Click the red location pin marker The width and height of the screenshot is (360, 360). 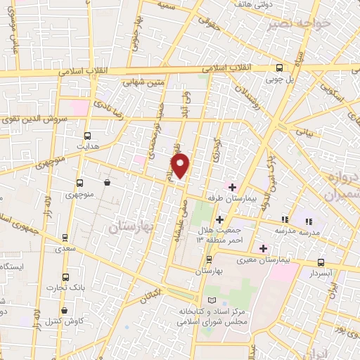(182, 167)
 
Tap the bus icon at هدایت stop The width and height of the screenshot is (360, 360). (88, 136)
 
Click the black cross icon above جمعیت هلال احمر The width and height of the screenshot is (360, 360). (219, 219)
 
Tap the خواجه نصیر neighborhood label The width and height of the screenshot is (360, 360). (298, 26)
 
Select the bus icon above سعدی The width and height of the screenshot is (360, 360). (65, 238)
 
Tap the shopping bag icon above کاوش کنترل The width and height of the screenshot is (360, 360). (65, 310)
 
